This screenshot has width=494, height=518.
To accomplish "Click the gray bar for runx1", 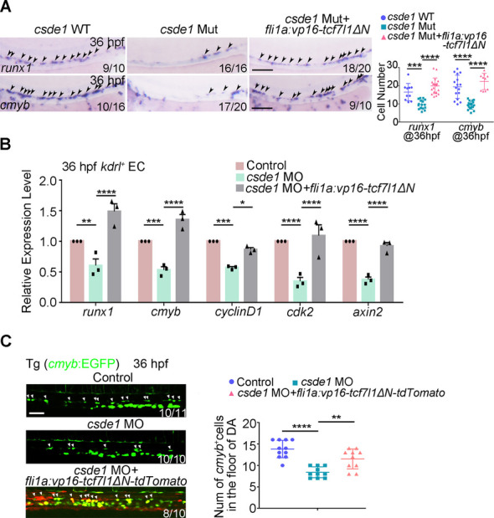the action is pyautogui.click(x=114, y=256).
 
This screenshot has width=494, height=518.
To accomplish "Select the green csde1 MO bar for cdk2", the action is pyautogui.click(x=300, y=291).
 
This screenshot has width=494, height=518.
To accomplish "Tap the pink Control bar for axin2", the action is pyautogui.click(x=350, y=271).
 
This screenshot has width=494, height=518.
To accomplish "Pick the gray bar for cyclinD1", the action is pyautogui.click(x=251, y=275).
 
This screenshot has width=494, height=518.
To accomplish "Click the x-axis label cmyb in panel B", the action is pyautogui.click(x=166, y=311).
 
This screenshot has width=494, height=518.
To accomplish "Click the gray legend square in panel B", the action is pyautogui.click(x=239, y=188).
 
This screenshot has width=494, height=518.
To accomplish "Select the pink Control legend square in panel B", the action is pyautogui.click(x=239, y=166).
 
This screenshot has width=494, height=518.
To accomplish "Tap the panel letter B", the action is pyautogui.click(x=5, y=145).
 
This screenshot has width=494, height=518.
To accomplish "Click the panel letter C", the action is pyautogui.click(x=6, y=341).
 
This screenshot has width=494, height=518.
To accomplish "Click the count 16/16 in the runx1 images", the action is pyautogui.click(x=233, y=69).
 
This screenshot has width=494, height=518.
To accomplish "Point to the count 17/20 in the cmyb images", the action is pyautogui.click(x=233, y=106).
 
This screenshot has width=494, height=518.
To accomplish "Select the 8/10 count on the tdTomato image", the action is pyautogui.click(x=174, y=513).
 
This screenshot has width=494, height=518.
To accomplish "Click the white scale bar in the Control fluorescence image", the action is pyautogui.click(x=38, y=413).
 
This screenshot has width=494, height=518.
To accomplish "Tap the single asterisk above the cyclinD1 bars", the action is pyautogui.click(x=243, y=203).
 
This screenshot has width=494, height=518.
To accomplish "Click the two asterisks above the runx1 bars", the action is pyautogui.click(x=86, y=221).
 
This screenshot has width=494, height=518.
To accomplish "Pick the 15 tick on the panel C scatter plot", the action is pyautogui.click(x=250, y=444).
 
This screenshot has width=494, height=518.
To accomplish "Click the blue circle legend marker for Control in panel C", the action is pyautogui.click(x=232, y=382).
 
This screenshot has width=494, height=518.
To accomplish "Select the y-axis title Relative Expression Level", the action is pyautogui.click(x=26, y=241).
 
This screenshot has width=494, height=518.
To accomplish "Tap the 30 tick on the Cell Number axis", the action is pyautogui.click(x=393, y=65).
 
